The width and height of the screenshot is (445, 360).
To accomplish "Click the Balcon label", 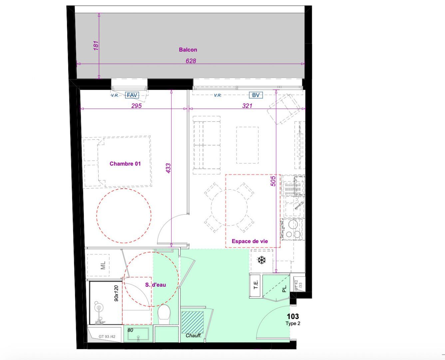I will pyautogui.click(x=188, y=50).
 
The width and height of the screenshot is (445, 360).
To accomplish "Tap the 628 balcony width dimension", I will pyautogui.click(x=191, y=61).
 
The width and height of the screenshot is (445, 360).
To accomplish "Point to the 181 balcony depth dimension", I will pyautogui.click(x=96, y=45).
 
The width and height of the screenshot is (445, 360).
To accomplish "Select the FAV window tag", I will pyautogui.click(x=132, y=95).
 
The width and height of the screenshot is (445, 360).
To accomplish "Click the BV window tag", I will pyautogui.click(x=255, y=95).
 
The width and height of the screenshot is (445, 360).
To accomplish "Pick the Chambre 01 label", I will pyautogui.click(x=125, y=164).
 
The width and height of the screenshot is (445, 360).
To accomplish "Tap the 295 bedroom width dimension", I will pyautogui.click(x=136, y=106).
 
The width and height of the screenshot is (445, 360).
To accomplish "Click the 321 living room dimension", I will pyautogui.click(x=247, y=106).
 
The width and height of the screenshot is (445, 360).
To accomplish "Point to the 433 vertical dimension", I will pyautogui.click(x=168, y=168).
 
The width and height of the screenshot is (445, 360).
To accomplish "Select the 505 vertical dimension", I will pyautogui.click(x=273, y=181).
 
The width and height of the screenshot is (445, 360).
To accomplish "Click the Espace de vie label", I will pyautogui.click(x=249, y=241).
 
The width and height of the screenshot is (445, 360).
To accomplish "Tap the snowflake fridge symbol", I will pyautogui.click(x=262, y=260).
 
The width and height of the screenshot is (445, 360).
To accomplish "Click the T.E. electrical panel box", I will pyautogui.click(x=256, y=285).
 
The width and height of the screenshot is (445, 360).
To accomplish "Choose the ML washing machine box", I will pyautogui.click(x=103, y=265).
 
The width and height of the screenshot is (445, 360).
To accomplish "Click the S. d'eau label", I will pyautogui.click(x=155, y=285).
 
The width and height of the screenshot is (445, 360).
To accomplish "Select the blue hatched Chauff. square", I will pyautogui.click(x=193, y=322).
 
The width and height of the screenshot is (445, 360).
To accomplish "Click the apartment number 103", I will pyautogui.click(x=293, y=316).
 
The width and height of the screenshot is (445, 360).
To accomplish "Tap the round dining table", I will pyautogui.click(x=229, y=207).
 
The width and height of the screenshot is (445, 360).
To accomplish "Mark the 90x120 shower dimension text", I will pyautogui.click(x=116, y=293).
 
